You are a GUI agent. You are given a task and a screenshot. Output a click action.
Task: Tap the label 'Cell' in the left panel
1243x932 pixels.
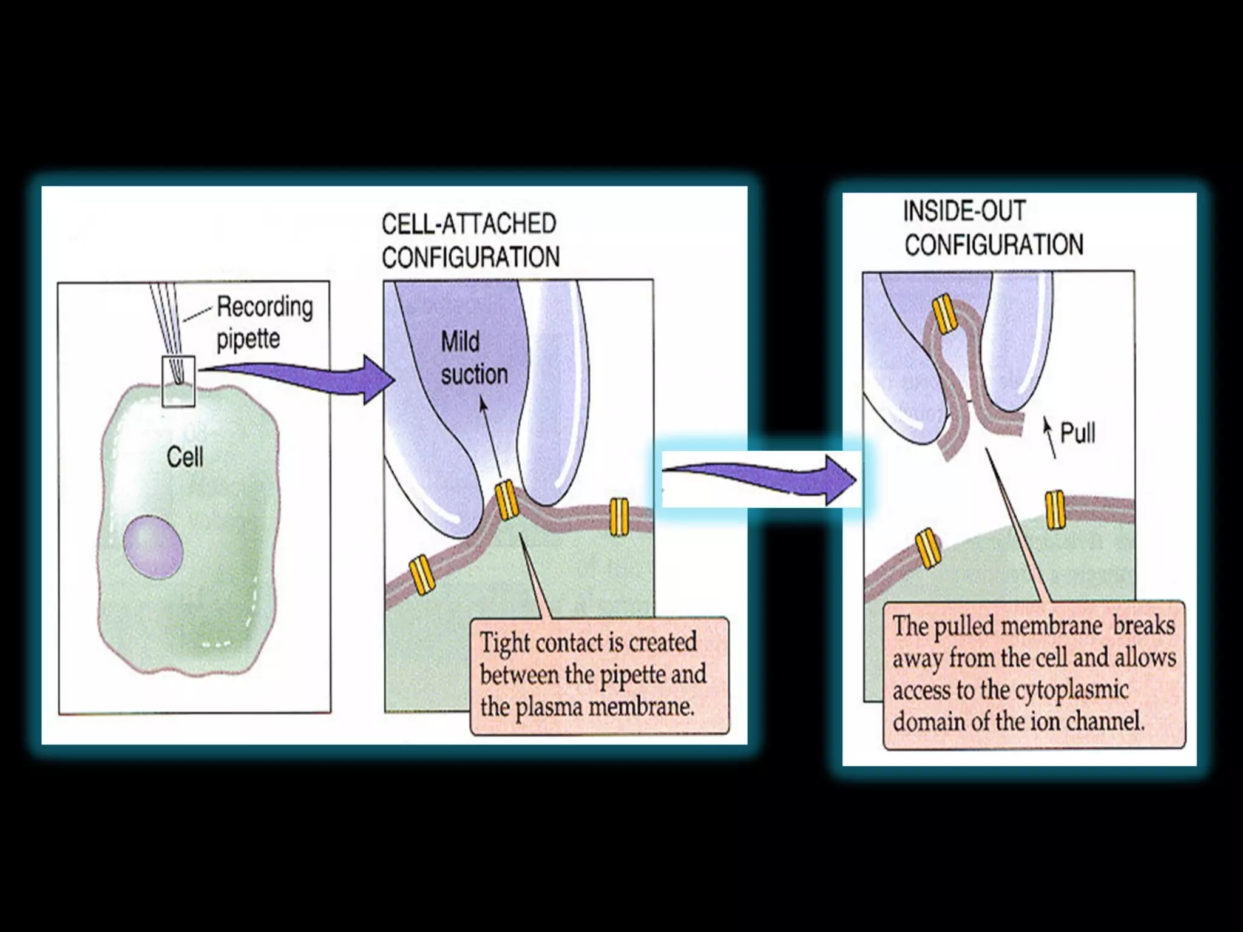coord(185,457)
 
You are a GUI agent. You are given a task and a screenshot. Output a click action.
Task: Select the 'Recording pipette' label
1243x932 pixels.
coord(265,322)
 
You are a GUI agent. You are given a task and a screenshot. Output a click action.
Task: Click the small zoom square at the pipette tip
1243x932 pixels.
coord(178,381)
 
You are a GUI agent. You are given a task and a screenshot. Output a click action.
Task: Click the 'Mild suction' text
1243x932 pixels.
coord(473,358)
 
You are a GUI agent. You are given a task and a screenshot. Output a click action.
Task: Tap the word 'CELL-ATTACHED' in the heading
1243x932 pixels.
coord(469,224)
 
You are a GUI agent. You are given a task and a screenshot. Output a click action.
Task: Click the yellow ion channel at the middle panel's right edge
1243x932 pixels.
coord(618,517)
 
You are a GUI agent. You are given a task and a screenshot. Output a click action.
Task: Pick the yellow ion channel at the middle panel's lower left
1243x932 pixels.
coord(422,574)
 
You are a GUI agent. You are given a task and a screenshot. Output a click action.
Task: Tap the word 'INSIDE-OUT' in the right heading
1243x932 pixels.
coord(964,211)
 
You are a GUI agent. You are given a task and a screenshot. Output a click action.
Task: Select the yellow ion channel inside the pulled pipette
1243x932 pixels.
coord(944,313)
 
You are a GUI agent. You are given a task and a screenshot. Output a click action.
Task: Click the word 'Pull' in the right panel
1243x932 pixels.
coord(1077,433)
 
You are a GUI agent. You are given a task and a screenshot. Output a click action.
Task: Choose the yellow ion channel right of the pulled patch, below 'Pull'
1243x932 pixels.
coord(1055,510)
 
